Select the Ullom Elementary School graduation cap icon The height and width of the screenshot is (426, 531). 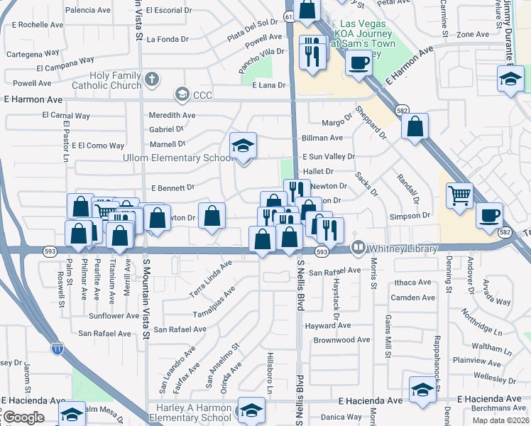243,146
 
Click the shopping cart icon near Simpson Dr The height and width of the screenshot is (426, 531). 459,195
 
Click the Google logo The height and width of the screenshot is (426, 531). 23,417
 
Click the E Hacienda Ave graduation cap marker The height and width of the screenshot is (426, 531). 422,390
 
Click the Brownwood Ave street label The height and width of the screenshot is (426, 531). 342,340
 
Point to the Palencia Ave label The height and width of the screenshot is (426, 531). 89,11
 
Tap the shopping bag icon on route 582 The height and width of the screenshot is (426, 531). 415,128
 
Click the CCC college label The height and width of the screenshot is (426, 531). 202,94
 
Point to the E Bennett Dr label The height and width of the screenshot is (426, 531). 173,188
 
